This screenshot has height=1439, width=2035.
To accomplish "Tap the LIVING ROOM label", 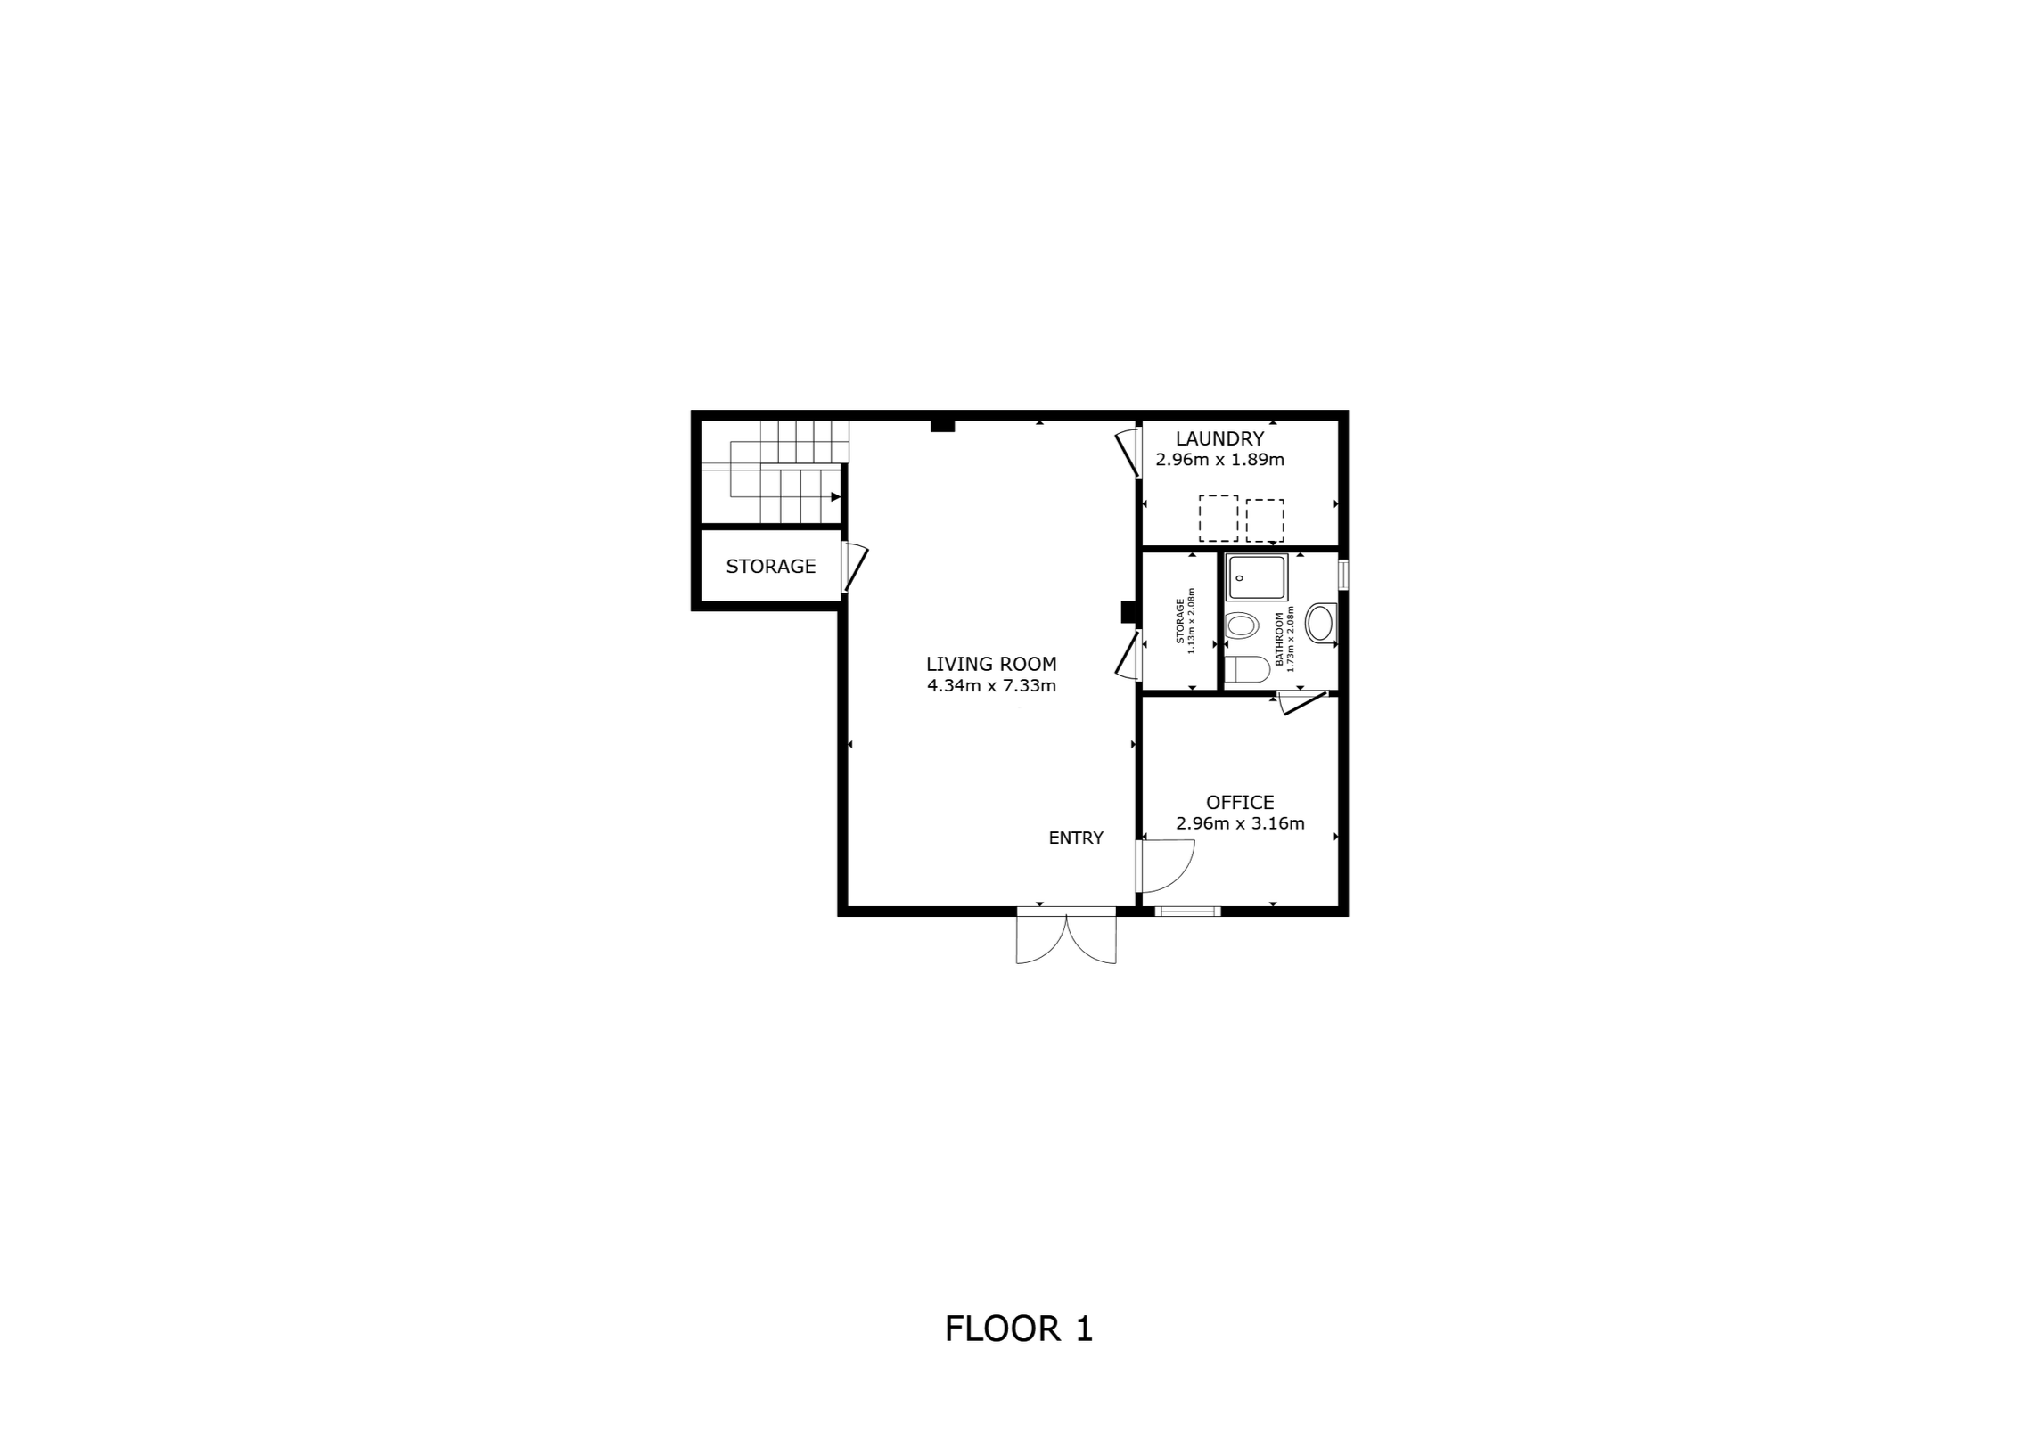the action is (991, 664).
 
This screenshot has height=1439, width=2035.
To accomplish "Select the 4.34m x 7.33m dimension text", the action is (991, 686).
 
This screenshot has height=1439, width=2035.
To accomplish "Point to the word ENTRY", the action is (1076, 838).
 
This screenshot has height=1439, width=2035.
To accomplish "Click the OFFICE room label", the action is (1240, 802).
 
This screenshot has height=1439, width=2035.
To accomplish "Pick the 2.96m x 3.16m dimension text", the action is (1240, 823).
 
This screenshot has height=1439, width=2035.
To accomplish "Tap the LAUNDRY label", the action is (1219, 438).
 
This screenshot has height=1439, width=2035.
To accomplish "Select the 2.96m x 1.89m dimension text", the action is (1219, 460).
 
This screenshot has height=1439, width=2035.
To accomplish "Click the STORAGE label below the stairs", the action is (771, 566).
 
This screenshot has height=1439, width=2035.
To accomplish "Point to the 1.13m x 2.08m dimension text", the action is (1191, 621).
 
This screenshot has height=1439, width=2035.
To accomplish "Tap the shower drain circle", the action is (1239, 578).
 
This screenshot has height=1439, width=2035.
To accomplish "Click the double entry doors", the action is (1066, 935).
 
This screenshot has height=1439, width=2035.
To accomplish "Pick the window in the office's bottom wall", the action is (1186, 911).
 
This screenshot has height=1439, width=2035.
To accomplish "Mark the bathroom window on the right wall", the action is (1343, 574).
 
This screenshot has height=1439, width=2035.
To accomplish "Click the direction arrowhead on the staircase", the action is (835, 496).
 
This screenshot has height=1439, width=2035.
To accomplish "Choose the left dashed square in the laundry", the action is (1218, 519).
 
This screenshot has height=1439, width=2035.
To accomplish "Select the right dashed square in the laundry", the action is (1265, 520).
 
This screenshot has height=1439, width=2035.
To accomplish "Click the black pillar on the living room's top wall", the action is (943, 426).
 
